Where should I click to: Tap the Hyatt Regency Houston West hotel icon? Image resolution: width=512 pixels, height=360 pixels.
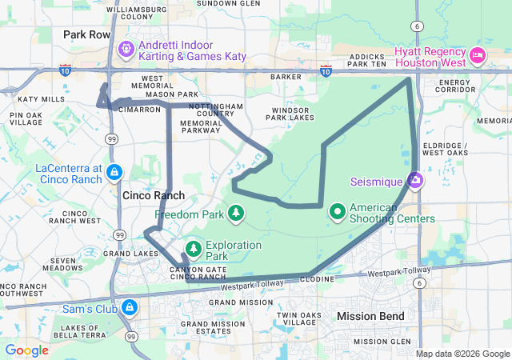(x=478, y=55)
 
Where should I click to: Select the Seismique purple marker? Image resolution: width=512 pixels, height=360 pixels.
(x=415, y=181)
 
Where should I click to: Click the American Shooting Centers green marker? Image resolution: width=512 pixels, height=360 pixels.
(x=338, y=212)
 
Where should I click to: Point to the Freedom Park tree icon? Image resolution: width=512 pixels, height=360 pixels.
(x=235, y=212)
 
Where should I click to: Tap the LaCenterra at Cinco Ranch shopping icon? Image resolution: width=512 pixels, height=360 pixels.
(x=114, y=172)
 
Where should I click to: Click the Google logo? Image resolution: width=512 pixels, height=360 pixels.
(x=26, y=350)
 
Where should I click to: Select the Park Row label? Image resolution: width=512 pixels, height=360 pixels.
(x=86, y=35)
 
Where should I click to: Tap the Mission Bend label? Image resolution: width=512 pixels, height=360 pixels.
(x=370, y=316)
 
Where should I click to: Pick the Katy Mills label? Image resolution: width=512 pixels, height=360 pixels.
(x=41, y=99)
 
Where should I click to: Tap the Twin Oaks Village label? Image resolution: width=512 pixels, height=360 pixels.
(x=298, y=318)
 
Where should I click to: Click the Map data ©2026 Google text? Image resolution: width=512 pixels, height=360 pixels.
(x=462, y=354)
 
